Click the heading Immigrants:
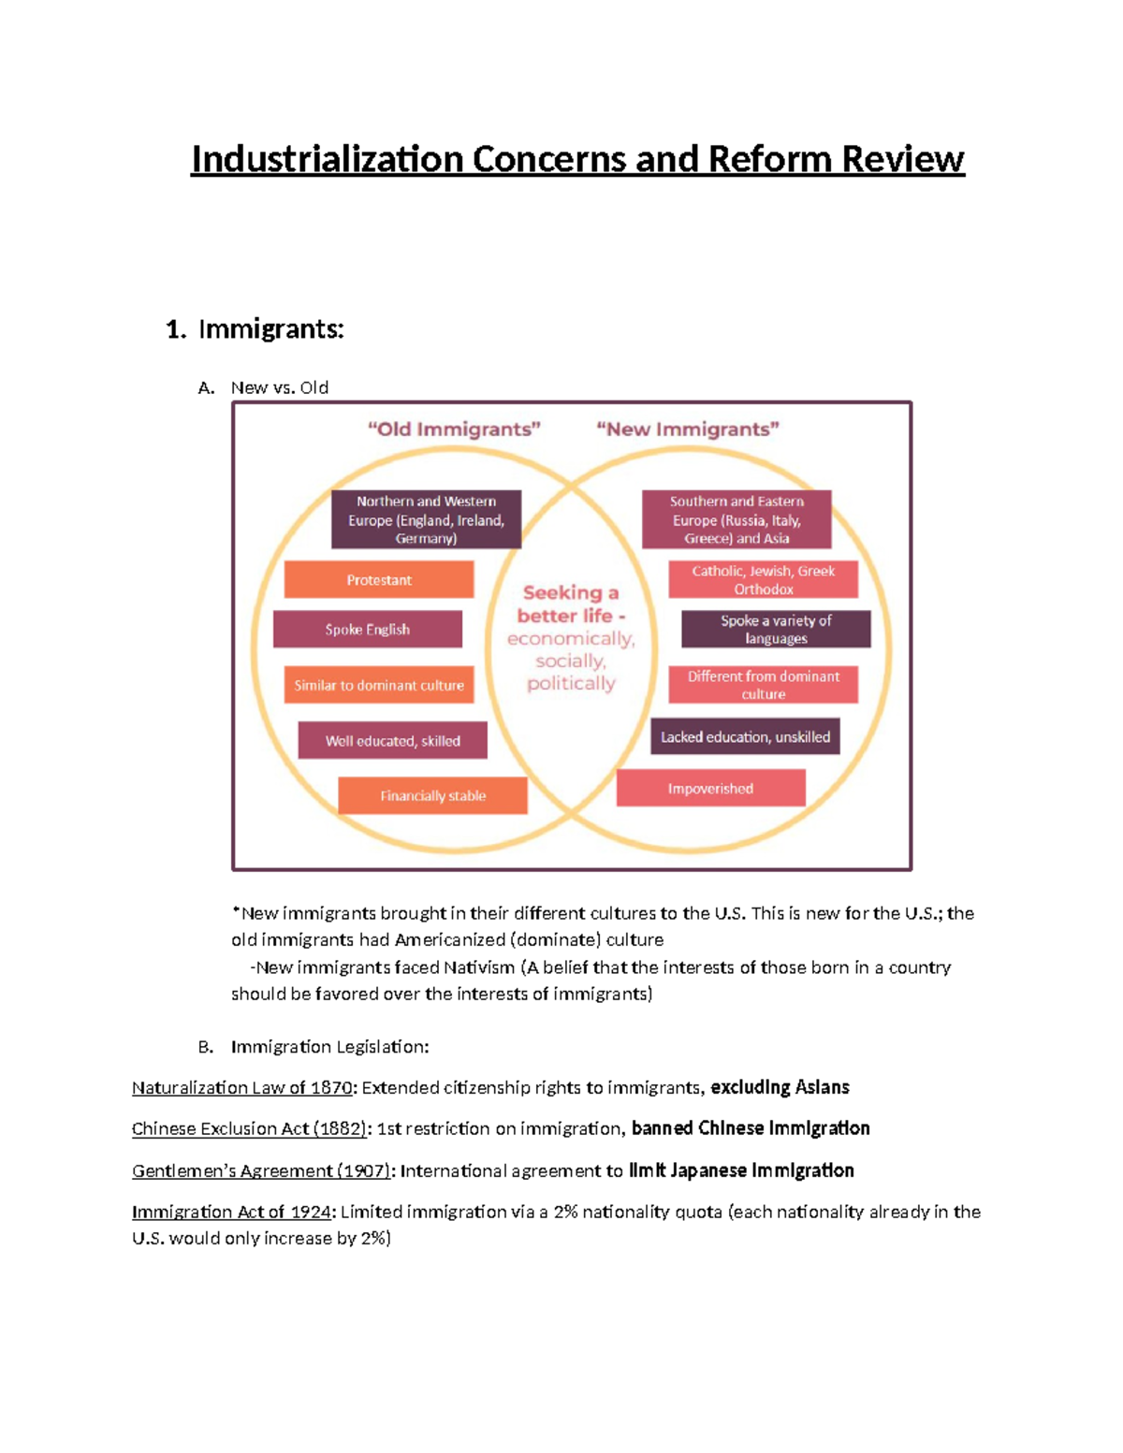coord(270,329)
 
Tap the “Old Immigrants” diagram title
coord(454,429)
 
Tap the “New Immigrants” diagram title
coord(688,429)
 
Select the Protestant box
coord(379,580)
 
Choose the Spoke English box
coord(368,630)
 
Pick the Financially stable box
coord(432,796)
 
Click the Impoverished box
coord(710,789)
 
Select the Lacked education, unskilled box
coord(745,737)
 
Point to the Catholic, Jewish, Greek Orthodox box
coord(763,580)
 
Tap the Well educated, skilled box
coord(392,741)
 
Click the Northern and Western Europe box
coord(426,519)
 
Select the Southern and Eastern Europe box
coord(737,519)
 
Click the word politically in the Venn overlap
coord(571,684)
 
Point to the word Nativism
coord(479,967)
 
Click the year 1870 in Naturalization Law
coord(331,1088)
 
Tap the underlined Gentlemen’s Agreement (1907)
coord(261,1171)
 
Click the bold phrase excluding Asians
coord(780,1088)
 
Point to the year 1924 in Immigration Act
coord(311,1213)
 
